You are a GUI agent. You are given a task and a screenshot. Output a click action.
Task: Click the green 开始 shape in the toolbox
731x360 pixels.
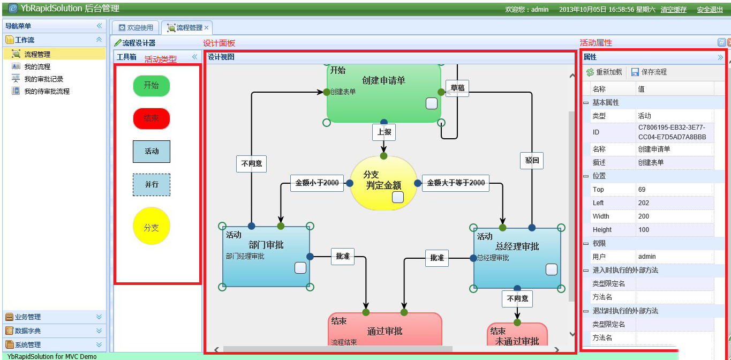151,86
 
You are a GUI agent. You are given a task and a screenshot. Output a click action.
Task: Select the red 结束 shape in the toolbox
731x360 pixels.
151,118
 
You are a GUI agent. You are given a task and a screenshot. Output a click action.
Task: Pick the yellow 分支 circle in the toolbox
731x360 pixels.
151,227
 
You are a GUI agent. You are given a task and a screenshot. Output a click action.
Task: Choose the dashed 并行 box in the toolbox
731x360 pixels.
152,184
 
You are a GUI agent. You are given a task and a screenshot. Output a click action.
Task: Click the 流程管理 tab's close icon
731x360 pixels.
207,27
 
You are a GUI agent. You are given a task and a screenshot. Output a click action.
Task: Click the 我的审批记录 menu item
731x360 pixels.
43,79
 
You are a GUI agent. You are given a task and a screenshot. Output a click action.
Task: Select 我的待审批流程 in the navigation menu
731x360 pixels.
47,92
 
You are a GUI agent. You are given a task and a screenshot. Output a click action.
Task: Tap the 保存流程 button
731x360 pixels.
649,72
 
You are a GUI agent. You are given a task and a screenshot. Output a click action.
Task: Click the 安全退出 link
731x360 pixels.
710,10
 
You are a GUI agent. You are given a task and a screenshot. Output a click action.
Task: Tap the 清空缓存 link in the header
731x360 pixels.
673,10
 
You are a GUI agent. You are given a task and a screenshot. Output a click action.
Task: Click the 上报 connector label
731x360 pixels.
384,132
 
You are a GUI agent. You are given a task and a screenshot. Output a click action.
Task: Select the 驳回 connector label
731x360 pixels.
531,160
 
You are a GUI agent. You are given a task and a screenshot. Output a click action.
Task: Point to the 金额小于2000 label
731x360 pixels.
317,183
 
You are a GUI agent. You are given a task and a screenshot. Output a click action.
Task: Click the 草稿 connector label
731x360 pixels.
457,88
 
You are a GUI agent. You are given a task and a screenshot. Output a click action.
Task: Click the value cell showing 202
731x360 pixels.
675,203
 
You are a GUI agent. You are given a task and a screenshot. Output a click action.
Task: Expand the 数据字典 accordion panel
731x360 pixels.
54,331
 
